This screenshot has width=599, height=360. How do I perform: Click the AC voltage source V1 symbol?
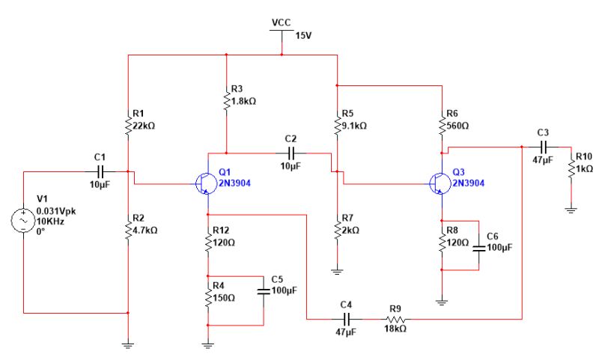pos(25,221)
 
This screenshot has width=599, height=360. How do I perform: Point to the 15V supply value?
pos(302,35)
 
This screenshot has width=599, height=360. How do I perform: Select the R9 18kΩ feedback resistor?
pos(395,319)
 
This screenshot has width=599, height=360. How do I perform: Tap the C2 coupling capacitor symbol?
pos(291,153)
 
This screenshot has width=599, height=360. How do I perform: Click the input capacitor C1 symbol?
pos(100,171)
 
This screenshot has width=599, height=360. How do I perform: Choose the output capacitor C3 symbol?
pos(544,147)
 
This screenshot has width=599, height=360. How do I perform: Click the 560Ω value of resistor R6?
pos(458,125)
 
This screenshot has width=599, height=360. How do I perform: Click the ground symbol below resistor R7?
pos(337,271)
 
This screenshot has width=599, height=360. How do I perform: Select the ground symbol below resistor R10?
pos(571,210)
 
